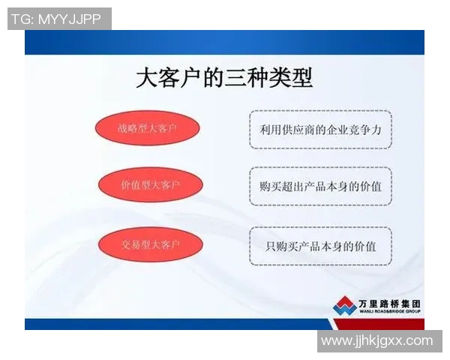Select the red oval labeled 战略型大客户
click(x=147, y=129)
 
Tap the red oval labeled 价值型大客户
click(x=151, y=185)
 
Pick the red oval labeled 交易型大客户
click(x=151, y=244)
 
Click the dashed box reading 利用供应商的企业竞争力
click(x=320, y=129)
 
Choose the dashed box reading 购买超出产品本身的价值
click(x=320, y=186)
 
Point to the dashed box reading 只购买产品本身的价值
click(x=320, y=245)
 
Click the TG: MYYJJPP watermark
click(x=59, y=19)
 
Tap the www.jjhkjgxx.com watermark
click(x=377, y=341)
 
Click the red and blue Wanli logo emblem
click(x=344, y=305)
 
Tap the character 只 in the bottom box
click(x=271, y=245)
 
